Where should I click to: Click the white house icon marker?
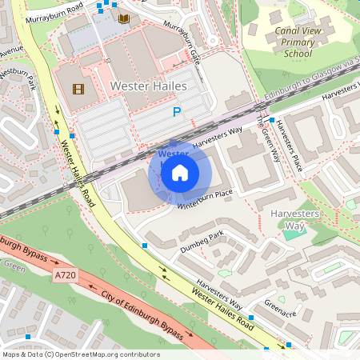[180, 172]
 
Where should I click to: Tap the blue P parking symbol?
[177, 114]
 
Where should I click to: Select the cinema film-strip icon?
[78, 90]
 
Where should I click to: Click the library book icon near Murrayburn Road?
[123, 18]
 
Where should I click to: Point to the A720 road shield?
[66, 275]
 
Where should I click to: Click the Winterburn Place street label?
[204, 198]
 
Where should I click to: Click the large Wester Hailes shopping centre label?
[148, 85]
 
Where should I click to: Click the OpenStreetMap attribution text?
[81, 354]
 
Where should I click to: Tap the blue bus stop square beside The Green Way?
[272, 120]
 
